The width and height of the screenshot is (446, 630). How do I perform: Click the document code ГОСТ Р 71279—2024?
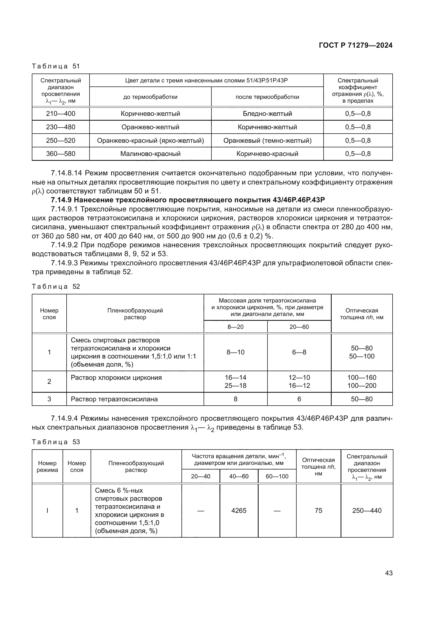tap(355, 45)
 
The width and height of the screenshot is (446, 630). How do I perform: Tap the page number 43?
tap(389, 573)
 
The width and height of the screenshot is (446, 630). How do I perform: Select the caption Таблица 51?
tap(56, 66)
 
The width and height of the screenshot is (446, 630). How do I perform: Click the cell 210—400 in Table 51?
tap(61, 114)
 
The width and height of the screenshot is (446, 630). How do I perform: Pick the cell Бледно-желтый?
tap(267, 114)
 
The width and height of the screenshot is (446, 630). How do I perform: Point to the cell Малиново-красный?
tap(150, 154)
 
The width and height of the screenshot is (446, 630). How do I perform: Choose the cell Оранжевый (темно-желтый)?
tap(267, 141)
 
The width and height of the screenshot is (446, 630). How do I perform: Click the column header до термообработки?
tap(150, 97)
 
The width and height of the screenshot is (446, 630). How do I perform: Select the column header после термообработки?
tap(267, 97)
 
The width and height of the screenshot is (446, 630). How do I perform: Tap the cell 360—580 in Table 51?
tap(61, 154)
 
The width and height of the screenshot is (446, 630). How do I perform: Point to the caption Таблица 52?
tap(56, 287)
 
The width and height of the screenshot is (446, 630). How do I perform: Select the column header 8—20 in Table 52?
tap(235, 327)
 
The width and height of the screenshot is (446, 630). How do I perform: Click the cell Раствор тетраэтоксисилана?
tap(114, 399)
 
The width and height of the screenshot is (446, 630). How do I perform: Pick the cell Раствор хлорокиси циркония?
tap(116, 378)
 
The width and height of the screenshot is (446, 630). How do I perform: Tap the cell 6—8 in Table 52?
tap(299, 352)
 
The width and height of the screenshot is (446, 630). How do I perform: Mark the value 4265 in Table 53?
tap(239, 510)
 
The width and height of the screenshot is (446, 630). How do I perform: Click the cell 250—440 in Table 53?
tap(367, 510)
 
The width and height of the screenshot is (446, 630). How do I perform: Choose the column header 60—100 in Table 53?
tap(277, 476)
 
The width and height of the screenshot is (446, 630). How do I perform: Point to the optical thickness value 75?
tap(318, 510)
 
